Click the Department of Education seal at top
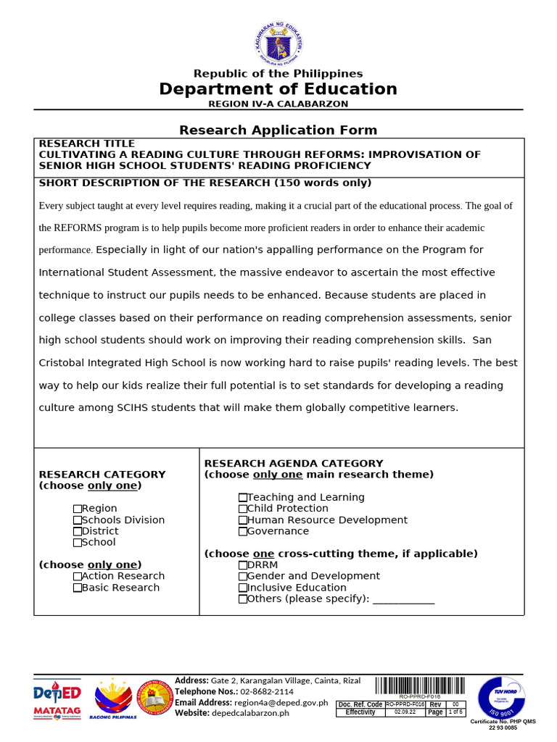(x=278, y=43)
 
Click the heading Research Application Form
(x=278, y=130)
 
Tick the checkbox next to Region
(x=78, y=509)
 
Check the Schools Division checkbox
(x=78, y=520)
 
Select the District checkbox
(x=78, y=531)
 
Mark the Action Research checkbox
(x=78, y=577)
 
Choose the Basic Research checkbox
(x=78, y=588)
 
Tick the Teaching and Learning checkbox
(x=243, y=498)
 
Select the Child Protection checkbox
(x=243, y=509)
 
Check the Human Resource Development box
(x=243, y=520)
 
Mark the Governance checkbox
(x=243, y=531)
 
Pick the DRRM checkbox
(x=243, y=565)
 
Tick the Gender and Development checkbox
(x=243, y=577)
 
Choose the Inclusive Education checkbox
(x=243, y=588)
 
